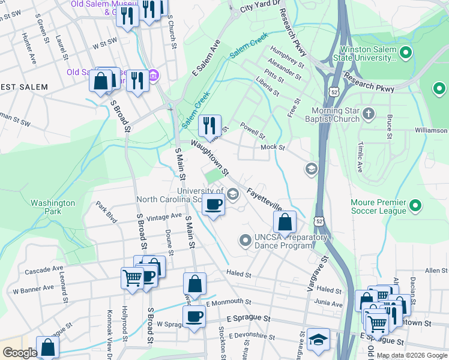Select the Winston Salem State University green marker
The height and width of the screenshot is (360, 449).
[405, 53]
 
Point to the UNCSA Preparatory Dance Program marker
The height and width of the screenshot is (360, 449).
[245, 241]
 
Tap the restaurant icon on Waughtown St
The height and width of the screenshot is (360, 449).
[209, 125]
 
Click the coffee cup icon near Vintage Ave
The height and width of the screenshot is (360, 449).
[213, 205]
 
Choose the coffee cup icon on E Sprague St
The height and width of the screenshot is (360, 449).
[194, 316]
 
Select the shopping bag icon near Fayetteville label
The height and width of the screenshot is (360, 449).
[285, 222]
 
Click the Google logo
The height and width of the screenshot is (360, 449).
[20, 353]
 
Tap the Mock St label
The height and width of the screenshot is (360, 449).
[272, 147]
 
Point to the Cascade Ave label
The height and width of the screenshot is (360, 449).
[44, 270]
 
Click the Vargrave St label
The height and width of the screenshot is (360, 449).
[318, 274]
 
